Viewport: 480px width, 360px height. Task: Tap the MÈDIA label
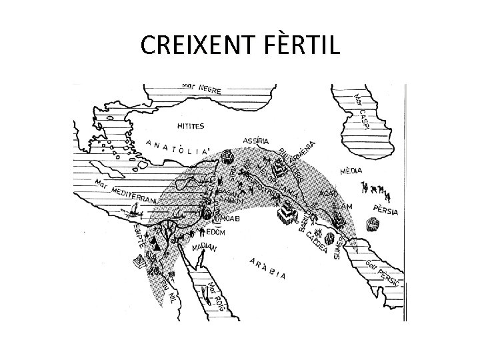tap(351, 171)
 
